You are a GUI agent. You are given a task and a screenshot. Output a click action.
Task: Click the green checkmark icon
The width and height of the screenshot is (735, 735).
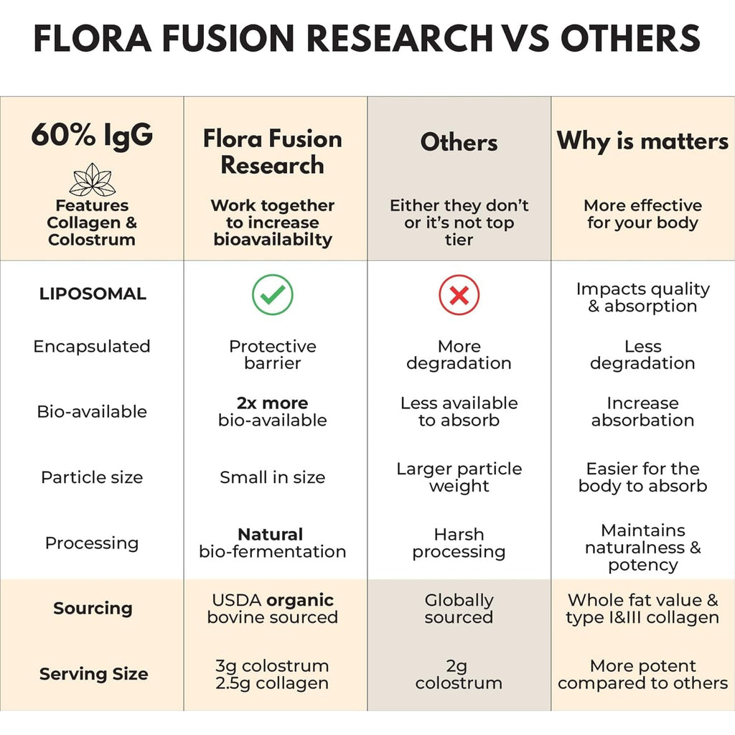click(x=272, y=294)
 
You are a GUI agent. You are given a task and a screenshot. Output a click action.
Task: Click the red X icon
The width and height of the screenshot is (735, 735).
click(x=459, y=294)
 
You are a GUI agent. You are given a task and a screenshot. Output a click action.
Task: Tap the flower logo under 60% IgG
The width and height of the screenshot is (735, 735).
click(x=92, y=179)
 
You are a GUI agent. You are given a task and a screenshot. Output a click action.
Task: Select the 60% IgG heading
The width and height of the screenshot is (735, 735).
click(x=92, y=135)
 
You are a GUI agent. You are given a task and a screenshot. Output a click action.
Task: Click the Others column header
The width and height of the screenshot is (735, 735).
click(x=459, y=142)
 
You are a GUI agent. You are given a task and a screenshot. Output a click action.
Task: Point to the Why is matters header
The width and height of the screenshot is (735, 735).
click(x=642, y=141)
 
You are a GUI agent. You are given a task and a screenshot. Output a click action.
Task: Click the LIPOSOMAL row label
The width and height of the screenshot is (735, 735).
click(x=93, y=294)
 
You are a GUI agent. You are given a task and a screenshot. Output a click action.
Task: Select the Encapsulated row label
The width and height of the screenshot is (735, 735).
click(x=92, y=347)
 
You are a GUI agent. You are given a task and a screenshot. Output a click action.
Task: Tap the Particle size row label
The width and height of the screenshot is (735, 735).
click(x=92, y=477)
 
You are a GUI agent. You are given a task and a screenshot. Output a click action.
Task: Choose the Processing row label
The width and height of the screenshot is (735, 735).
click(x=92, y=543)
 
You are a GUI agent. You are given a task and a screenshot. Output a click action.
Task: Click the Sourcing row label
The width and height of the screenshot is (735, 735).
click(x=93, y=608)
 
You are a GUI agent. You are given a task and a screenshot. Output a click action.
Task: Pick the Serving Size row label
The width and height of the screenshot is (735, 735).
click(x=94, y=673)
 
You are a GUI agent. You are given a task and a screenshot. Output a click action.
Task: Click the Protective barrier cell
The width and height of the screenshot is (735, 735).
click(x=272, y=355)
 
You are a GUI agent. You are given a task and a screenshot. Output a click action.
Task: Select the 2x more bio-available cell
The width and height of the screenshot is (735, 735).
click(x=272, y=411)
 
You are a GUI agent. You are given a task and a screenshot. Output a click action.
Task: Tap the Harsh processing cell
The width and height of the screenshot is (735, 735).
click(x=459, y=543)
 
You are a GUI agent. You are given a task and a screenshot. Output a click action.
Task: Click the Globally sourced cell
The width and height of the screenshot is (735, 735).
click(x=459, y=609)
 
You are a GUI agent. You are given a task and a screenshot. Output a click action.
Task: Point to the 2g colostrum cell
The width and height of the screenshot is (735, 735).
click(x=459, y=674)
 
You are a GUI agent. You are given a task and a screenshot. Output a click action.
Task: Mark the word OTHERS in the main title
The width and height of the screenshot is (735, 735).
click(x=630, y=38)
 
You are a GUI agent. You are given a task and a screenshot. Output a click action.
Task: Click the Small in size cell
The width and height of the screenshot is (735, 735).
click(x=272, y=477)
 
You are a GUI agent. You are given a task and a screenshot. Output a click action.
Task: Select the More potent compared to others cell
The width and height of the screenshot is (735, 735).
click(x=642, y=674)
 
